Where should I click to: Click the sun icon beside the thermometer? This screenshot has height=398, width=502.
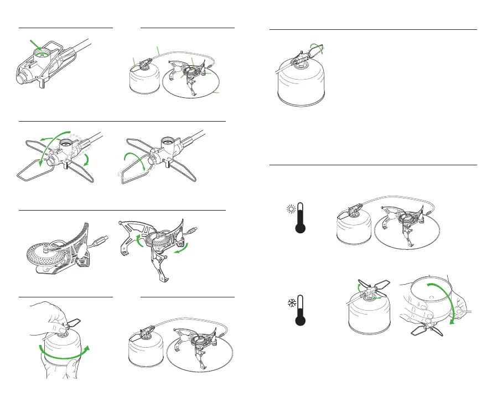coord(290,209)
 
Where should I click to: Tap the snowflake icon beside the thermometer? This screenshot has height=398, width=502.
coord(290,303)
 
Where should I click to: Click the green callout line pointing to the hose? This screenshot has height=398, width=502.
coord(158,50)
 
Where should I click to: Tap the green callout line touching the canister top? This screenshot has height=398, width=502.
coord(134,61)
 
